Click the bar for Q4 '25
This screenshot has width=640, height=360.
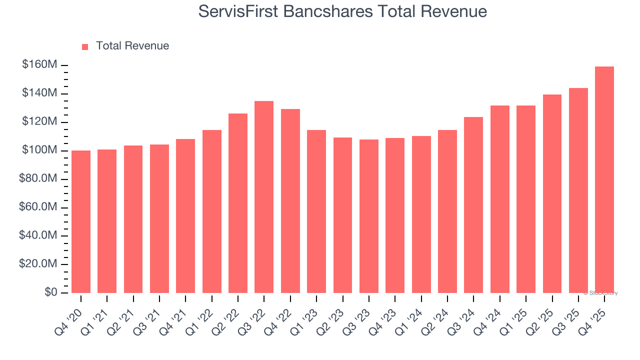click(604, 179)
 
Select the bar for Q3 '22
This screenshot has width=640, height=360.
click(264, 197)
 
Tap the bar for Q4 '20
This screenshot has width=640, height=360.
click(81, 221)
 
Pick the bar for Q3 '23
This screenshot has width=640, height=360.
click(368, 216)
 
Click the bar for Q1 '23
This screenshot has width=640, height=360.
click(316, 211)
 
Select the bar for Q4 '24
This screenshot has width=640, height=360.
click(499, 199)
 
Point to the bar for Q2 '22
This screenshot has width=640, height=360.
click(238, 203)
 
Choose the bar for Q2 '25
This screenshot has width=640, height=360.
click(552, 193)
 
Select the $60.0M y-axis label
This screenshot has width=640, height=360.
click(38, 207)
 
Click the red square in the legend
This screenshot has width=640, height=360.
click(85, 46)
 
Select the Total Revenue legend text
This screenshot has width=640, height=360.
click(132, 46)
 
